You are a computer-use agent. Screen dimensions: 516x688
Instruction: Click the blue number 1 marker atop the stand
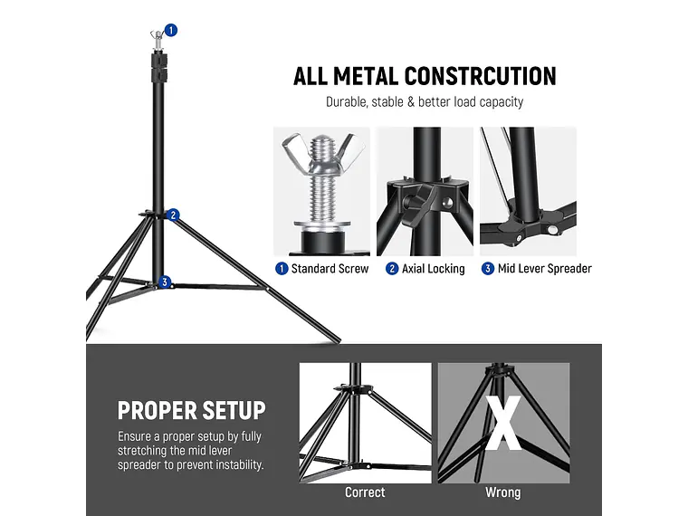click(171, 30)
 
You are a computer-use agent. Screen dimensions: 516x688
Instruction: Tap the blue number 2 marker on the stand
click(173, 215)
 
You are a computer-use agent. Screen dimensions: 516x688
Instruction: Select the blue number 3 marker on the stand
click(164, 282)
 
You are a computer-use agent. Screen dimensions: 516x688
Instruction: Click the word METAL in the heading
click(362, 76)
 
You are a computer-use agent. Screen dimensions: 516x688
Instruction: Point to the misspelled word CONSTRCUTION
click(480, 76)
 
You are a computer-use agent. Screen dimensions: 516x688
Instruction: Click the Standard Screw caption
click(330, 269)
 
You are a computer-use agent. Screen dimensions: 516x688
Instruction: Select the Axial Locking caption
click(433, 269)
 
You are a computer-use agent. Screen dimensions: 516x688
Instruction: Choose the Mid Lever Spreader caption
click(544, 269)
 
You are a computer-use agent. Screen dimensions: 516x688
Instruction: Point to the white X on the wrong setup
click(503, 422)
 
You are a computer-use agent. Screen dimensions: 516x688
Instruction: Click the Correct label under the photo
click(365, 492)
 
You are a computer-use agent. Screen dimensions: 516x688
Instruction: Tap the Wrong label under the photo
click(502, 492)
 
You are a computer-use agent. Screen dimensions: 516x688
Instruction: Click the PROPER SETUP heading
click(191, 410)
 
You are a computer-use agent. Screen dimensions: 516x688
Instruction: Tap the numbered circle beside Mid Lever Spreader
click(488, 269)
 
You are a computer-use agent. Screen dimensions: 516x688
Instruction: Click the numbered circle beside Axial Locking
click(392, 269)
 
